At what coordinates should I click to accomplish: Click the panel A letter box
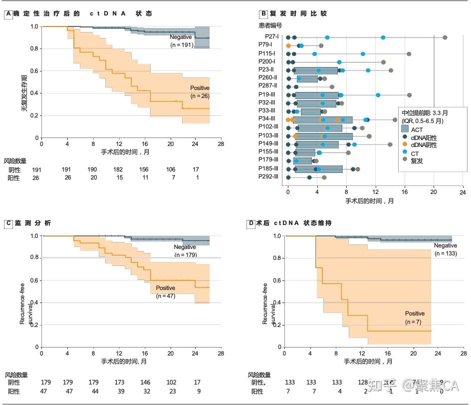(8, 14)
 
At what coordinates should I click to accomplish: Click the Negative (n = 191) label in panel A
(182, 41)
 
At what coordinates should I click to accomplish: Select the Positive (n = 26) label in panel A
(200, 92)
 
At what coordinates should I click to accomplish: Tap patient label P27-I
(272, 36)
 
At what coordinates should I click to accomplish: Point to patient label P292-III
(268, 176)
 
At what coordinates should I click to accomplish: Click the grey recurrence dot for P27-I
(445, 37)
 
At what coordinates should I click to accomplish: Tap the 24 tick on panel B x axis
(463, 191)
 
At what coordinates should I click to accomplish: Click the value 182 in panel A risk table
(118, 170)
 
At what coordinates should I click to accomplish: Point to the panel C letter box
(8, 223)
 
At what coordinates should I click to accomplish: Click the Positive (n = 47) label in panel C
(165, 292)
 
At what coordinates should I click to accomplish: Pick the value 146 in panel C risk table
(144, 382)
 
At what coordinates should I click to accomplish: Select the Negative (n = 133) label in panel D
(445, 249)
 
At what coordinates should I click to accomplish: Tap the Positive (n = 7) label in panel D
(415, 317)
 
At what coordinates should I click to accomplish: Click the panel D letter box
(251, 223)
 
